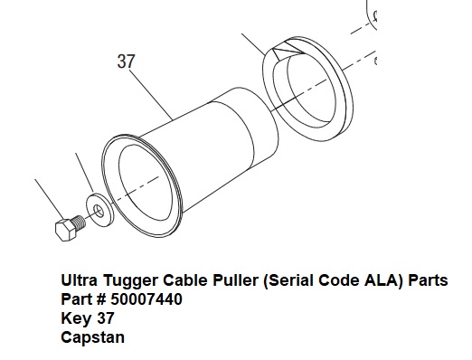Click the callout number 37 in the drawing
126,62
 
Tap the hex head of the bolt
65,230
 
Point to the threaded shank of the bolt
80,223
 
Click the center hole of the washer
99,210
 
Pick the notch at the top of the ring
288,49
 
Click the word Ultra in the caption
80,280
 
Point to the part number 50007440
146,299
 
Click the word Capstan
92,338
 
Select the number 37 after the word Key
106,318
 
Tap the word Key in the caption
76,319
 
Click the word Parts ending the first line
428,280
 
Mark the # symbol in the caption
101,299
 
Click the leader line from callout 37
151,95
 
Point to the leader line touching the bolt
50,199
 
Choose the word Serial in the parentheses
289,280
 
